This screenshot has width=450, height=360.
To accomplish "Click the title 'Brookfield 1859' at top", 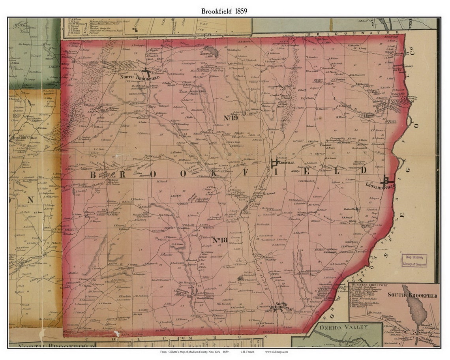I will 224,11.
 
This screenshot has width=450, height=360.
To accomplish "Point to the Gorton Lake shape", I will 213,51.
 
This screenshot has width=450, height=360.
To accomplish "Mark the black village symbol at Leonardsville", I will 386,180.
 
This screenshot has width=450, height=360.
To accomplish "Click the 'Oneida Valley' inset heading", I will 343,327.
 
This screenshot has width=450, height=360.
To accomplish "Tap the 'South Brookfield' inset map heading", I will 412,295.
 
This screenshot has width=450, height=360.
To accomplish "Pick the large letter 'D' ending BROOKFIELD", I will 364,170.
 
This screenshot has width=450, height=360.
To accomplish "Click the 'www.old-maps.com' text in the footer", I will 277,351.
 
